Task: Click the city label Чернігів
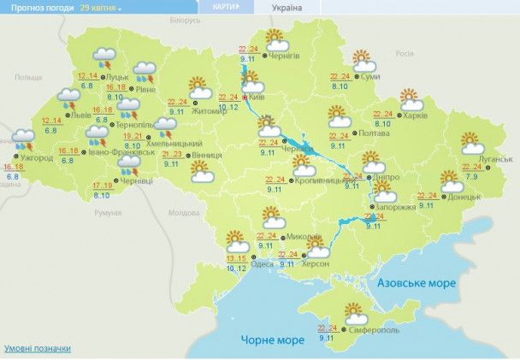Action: tap(286, 56)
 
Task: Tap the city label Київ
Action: tap(257, 98)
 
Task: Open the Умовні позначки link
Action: tap(38, 349)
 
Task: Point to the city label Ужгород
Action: tap(37, 157)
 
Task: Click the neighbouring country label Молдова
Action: tap(183, 212)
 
